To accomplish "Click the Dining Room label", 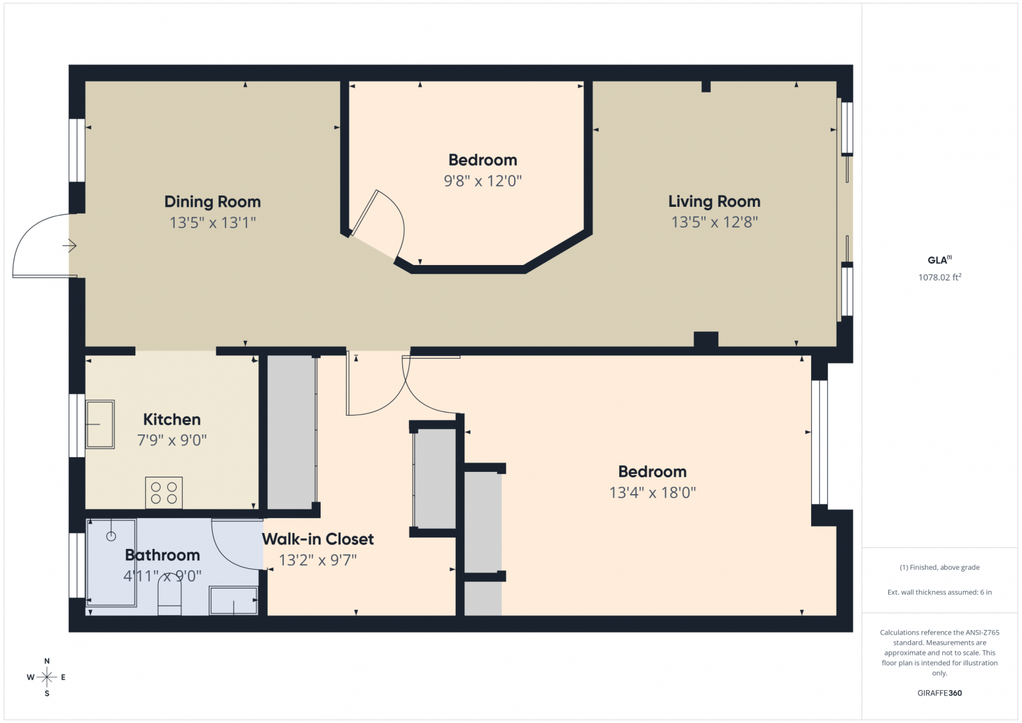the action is [x=213, y=202].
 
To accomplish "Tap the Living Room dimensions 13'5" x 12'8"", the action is [x=715, y=222].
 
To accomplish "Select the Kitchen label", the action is [x=172, y=420].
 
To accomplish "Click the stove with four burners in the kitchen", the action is [x=164, y=493].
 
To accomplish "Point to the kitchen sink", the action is [x=100, y=424].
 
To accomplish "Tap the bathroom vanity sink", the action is [x=233, y=600].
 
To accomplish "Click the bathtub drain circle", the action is [x=111, y=537].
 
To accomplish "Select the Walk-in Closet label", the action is [x=318, y=539].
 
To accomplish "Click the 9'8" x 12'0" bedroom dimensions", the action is [x=483, y=181].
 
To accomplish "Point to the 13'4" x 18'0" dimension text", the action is [x=653, y=493].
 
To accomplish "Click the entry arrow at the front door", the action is [x=70, y=246].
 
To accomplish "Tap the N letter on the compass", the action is [x=47, y=661].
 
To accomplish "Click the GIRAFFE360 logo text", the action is [x=940, y=693].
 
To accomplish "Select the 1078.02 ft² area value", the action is [x=940, y=277].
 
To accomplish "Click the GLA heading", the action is [x=939, y=260].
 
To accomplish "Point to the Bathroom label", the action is [x=163, y=555].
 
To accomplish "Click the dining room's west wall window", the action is [x=77, y=151].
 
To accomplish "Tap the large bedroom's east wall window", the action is [x=819, y=443].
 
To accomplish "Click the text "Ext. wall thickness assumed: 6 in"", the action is [x=940, y=592].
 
